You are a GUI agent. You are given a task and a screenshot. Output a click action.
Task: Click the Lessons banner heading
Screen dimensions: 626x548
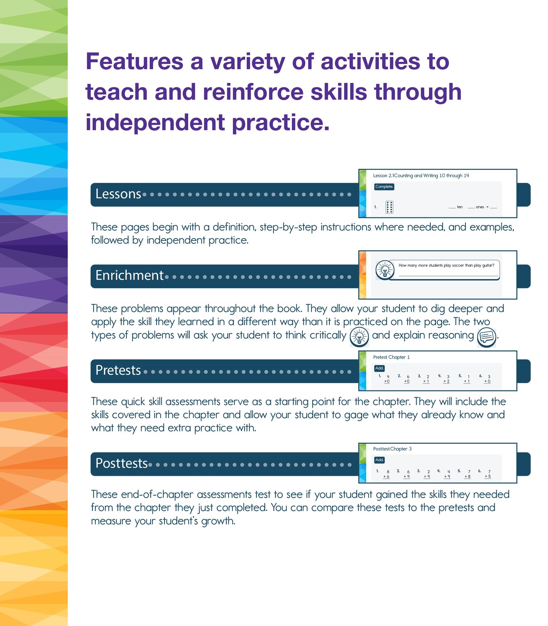(118, 194)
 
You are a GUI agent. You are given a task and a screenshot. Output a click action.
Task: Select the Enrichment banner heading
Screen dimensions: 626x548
(129, 275)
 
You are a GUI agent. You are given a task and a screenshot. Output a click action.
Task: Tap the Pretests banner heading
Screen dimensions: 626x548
(118, 370)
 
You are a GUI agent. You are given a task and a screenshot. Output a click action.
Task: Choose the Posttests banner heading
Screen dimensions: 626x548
(121, 463)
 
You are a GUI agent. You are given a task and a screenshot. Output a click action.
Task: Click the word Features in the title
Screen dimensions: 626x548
(134, 62)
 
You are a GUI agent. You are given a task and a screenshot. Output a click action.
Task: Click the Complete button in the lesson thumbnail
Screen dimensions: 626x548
(384, 187)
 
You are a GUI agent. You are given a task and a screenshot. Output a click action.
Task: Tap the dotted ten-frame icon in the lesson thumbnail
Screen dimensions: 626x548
(389, 207)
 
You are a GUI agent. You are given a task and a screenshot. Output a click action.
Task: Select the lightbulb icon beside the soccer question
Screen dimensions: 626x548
(385, 270)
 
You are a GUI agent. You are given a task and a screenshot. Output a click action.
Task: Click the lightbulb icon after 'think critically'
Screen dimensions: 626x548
(359, 337)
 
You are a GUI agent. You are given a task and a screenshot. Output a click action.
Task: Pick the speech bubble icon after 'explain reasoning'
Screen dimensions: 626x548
(486, 337)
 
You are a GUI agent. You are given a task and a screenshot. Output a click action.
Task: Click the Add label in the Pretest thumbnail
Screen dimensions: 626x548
(379, 368)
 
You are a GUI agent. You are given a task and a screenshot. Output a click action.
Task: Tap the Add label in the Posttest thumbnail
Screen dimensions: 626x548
(379, 460)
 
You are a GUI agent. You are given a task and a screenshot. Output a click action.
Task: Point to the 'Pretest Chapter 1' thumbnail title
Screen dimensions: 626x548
(391, 357)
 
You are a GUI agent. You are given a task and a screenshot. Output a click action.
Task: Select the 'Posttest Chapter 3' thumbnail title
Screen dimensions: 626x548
(392, 449)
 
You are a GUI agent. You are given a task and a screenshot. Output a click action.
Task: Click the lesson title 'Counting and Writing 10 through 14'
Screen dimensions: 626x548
(431, 176)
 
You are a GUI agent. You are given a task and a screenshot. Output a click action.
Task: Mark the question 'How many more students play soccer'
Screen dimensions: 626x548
(446, 265)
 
